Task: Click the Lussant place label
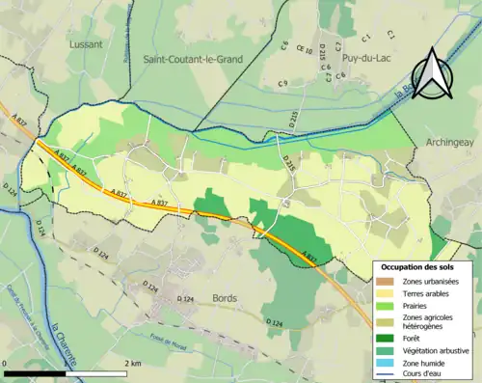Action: (x=86, y=44)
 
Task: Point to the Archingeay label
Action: (x=449, y=142)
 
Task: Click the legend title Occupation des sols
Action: (x=421, y=266)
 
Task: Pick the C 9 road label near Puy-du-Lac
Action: (x=282, y=84)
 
